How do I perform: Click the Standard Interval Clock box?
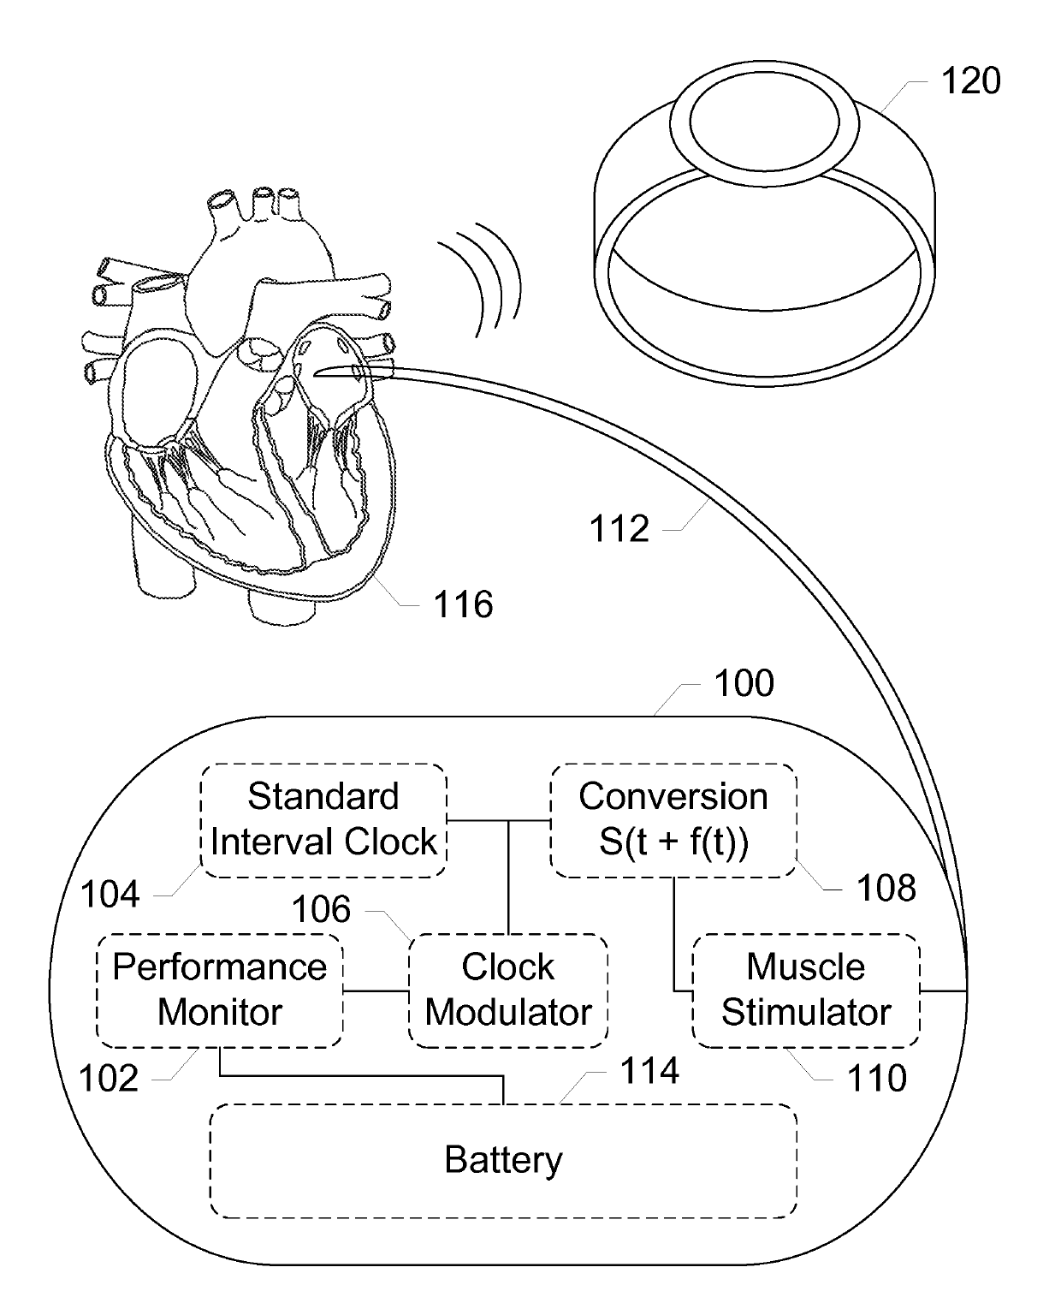pos(323,820)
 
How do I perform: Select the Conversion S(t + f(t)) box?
pos(673,820)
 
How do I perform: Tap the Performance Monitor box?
pos(219,991)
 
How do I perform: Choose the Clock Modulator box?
pos(508,991)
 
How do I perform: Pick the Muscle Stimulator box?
pos(806,991)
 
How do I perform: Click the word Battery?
pos(503,1161)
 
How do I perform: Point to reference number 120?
pos(970,80)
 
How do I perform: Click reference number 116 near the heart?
pos(463,604)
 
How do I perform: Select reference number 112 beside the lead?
pos(619,528)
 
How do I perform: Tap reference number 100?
pos(744,682)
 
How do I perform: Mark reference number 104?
pos(110,894)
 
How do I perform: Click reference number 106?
pos(321,909)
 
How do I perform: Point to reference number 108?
pos(886,888)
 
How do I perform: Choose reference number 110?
pos(876,1078)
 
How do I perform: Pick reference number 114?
pos(649,1071)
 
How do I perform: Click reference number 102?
pos(108,1078)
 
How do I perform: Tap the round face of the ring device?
pos(764,122)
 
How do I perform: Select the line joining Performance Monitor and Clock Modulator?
pos(376,991)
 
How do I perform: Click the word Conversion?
pos(673,796)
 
